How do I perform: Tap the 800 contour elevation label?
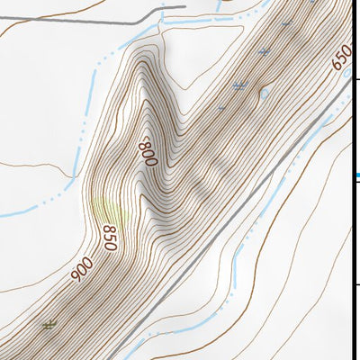(148, 151)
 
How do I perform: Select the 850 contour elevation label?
(110, 237)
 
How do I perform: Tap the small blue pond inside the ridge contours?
(264, 93)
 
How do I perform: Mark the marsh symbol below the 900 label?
(49, 324)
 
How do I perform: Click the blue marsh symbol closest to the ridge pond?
(239, 86)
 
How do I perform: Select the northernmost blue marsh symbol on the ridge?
(264, 52)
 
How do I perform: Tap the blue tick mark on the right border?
(357, 175)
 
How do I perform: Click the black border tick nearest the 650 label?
(357, 81)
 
